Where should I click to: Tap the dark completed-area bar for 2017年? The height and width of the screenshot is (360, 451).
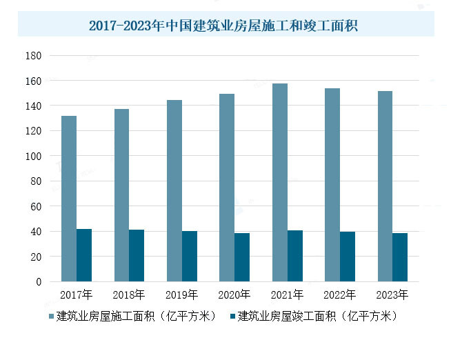click(x=84, y=255)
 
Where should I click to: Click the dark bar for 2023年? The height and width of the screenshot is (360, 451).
click(x=400, y=257)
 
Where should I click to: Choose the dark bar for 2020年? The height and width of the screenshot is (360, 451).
click(x=242, y=257)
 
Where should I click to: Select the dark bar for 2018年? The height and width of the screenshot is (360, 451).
click(x=137, y=255)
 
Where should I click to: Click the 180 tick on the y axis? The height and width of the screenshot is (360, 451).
click(x=34, y=56)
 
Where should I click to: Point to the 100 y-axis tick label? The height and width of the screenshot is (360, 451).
click(x=34, y=157)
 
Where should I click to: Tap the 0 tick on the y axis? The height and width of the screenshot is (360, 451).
click(x=39, y=282)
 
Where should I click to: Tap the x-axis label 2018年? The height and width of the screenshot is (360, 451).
click(x=129, y=295)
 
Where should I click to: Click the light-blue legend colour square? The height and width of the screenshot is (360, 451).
click(x=52, y=317)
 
